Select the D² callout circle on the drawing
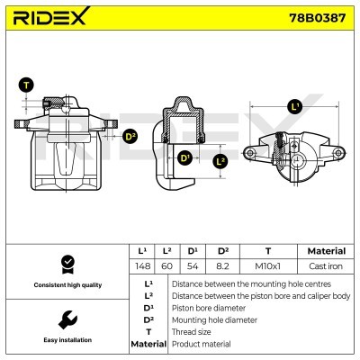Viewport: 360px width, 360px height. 130,137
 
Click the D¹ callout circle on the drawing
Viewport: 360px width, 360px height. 185,160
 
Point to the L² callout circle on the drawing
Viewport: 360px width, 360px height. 220,161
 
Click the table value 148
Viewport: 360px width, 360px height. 141,265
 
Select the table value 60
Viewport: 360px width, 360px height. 166,265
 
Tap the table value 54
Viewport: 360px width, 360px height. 193,265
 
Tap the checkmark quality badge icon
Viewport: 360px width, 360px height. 65,264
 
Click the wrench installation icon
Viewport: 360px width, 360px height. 65,319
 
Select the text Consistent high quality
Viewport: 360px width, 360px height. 65,284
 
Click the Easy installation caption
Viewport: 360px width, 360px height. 65,340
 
